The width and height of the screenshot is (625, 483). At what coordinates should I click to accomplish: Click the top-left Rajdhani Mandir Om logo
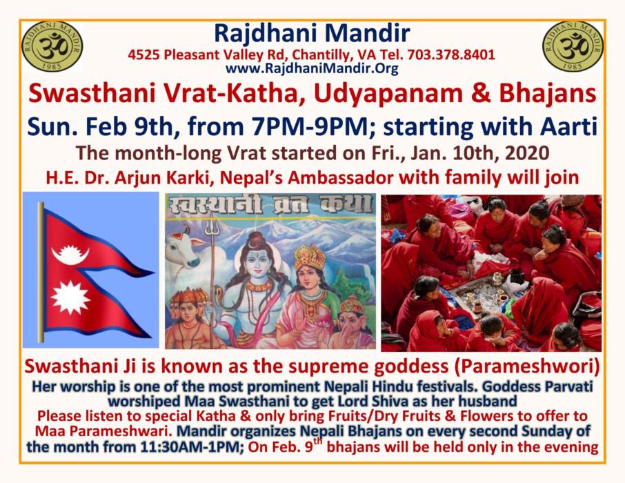click(x=52, y=47)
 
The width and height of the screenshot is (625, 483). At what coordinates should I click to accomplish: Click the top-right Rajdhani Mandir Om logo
click(x=573, y=47)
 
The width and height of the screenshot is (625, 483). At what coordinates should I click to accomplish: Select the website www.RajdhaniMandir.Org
click(x=312, y=68)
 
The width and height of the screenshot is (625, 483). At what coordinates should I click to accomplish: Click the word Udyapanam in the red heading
click(x=388, y=93)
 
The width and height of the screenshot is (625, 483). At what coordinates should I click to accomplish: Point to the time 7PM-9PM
click(x=309, y=127)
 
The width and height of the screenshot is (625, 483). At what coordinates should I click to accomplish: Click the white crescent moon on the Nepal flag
click(x=70, y=255)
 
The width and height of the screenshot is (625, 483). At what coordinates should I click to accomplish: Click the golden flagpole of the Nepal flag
click(x=41, y=272)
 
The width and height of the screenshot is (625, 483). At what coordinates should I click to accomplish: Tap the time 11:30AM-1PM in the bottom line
click(x=192, y=446)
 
